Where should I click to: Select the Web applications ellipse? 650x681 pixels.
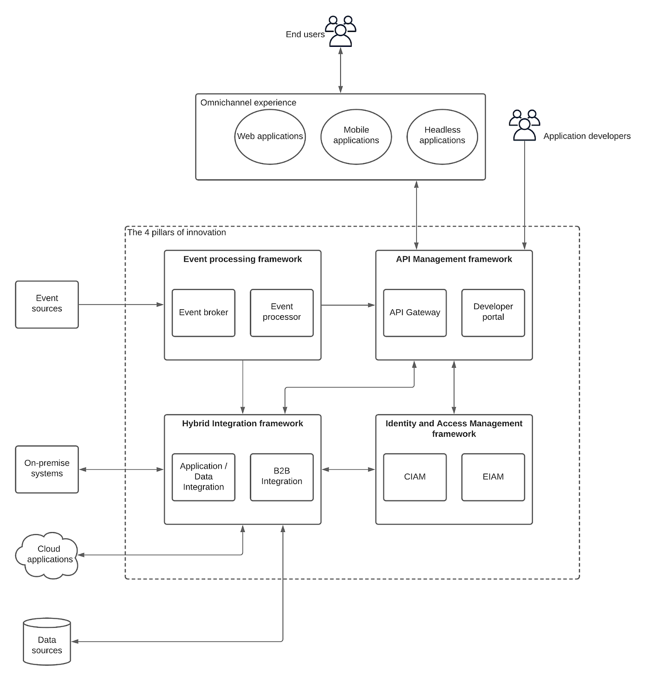click(x=270, y=136)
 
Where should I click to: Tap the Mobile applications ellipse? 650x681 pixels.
click(x=356, y=136)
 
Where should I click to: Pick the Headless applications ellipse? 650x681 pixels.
click(x=442, y=136)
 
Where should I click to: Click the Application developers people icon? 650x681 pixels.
click(x=524, y=125)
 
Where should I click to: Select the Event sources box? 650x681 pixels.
click(x=47, y=304)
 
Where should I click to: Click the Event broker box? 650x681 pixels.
click(x=203, y=313)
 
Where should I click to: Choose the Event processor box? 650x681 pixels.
click(x=281, y=313)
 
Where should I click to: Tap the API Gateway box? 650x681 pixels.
click(x=415, y=313)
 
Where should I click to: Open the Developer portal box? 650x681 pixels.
click(x=493, y=313)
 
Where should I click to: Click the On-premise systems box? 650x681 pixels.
click(x=47, y=469)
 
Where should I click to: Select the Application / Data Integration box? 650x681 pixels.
click(x=203, y=477)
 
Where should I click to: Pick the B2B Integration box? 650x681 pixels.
click(x=281, y=477)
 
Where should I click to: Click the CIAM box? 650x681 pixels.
click(x=415, y=477)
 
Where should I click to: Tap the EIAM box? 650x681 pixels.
click(x=493, y=477)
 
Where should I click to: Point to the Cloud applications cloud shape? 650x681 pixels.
click(x=48, y=555)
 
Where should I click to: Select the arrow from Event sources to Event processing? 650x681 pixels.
click(x=121, y=305)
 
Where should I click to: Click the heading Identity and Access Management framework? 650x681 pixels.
click(x=454, y=428)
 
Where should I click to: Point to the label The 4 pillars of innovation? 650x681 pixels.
click(x=177, y=233)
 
